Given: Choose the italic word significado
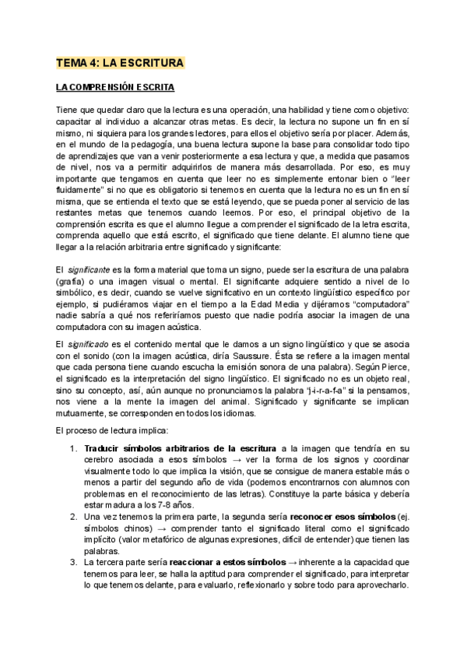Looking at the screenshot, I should (88, 343).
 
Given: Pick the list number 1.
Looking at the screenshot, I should (73, 448).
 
